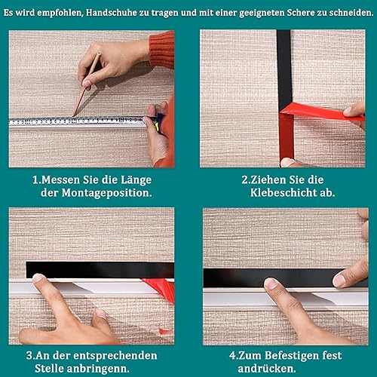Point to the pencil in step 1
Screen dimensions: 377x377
87,84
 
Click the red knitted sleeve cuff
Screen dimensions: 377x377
162,50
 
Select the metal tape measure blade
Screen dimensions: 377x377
78,121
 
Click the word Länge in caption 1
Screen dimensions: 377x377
136,180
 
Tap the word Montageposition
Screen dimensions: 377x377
106,194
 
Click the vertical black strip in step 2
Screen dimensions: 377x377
284,68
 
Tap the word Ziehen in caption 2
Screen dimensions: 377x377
268,180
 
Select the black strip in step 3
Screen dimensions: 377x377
100,270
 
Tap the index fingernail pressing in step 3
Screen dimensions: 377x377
38,277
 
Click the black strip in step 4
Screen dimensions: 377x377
285,278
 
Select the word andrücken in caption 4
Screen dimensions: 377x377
267,369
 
